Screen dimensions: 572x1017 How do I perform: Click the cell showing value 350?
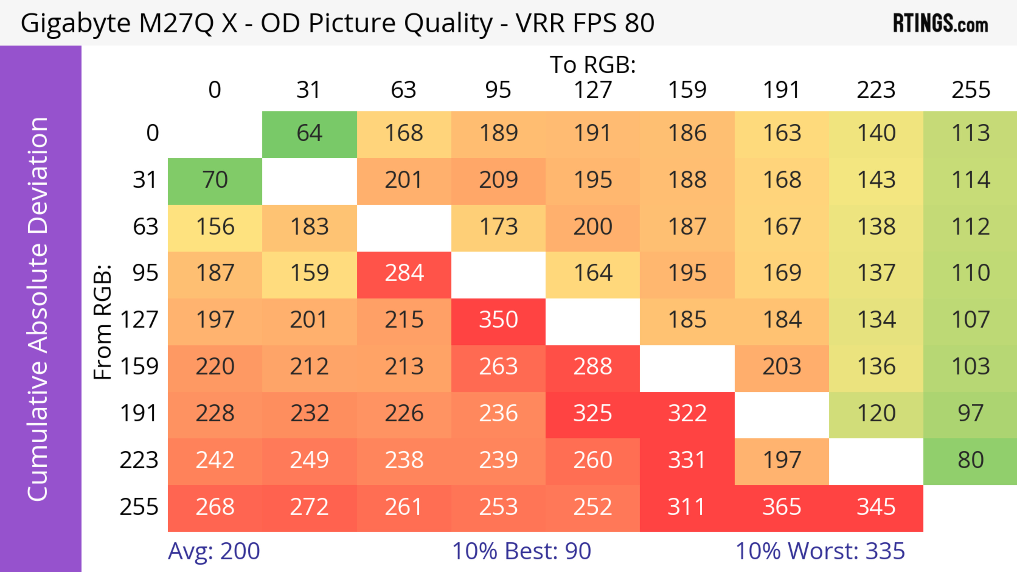tap(498, 319)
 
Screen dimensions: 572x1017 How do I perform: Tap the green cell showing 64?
tap(310, 133)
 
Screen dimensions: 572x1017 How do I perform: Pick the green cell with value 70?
tap(215, 180)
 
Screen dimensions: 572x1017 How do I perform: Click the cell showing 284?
tap(404, 273)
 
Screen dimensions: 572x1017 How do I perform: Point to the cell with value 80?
tap(970, 460)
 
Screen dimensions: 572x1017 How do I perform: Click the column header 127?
tap(593, 90)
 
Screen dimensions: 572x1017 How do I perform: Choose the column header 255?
tap(970, 90)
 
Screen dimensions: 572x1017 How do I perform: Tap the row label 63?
tap(145, 227)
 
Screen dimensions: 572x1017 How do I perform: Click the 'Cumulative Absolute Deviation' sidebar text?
tap(38, 309)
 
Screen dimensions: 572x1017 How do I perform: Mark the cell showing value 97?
tap(970, 413)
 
